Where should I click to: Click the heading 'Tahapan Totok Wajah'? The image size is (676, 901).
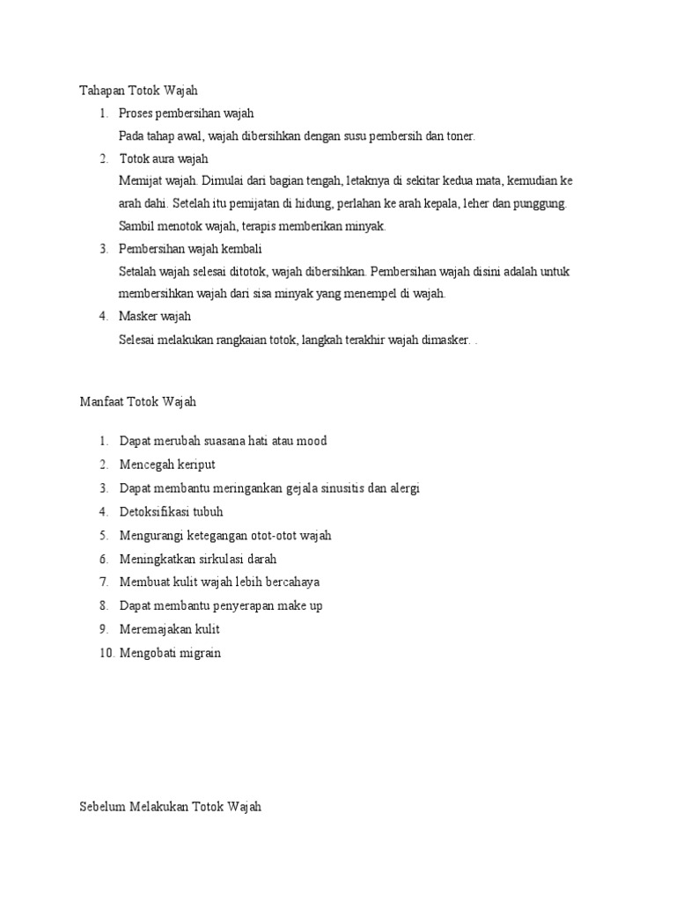tap(140, 90)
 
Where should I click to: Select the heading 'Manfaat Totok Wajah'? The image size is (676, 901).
tap(138, 402)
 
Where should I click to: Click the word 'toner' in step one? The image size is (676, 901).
tap(458, 136)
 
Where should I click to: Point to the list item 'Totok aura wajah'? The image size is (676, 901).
tap(163, 158)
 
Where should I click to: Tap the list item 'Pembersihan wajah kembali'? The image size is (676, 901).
tap(190, 249)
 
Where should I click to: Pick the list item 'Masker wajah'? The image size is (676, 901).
tap(155, 316)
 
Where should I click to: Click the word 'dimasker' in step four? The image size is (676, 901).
tap(445, 339)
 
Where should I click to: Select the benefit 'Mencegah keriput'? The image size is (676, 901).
tap(167, 464)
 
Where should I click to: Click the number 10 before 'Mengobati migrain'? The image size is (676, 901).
tap(106, 653)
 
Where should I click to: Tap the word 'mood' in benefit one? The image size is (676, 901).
tap(312, 440)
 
